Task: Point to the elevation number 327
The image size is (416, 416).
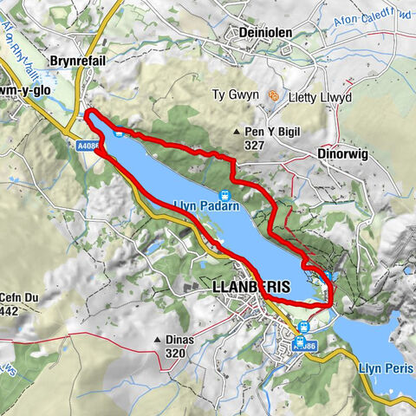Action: pos(254,146)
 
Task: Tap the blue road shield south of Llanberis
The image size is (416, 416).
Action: pos(305,344)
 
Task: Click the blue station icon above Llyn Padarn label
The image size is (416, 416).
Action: pos(224,195)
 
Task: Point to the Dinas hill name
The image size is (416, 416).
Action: pos(179,339)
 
